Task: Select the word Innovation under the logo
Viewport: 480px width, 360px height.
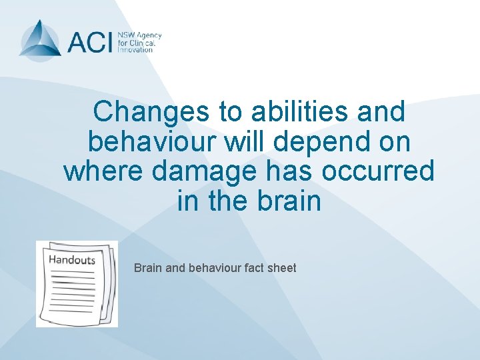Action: [135, 50]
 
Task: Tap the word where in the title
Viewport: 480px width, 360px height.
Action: [103, 171]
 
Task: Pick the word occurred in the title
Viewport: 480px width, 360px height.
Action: [377, 171]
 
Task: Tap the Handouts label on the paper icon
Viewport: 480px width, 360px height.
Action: [71, 260]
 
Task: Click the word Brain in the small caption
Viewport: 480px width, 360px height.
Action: [147, 268]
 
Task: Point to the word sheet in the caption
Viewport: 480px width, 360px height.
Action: [282, 268]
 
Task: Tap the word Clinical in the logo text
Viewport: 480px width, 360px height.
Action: [143, 42]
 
